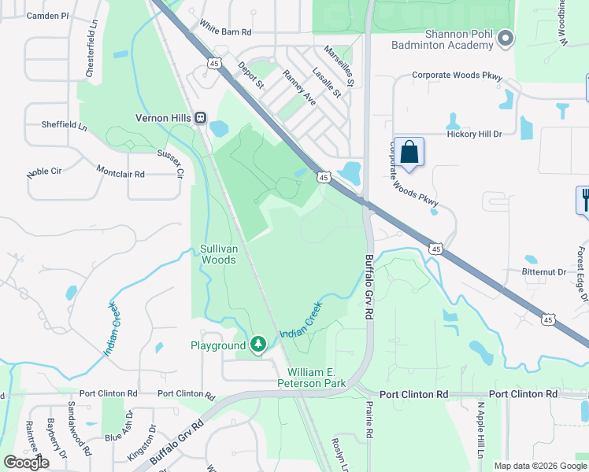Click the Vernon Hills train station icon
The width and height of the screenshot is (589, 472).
point(201,118)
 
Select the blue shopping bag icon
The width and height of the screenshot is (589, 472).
point(409,151)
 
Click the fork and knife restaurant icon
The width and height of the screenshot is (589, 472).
point(583,198)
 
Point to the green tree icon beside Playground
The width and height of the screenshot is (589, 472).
point(258,345)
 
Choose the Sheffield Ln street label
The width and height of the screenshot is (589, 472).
point(64,124)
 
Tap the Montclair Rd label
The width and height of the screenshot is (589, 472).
point(120,171)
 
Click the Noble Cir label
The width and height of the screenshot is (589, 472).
point(45,171)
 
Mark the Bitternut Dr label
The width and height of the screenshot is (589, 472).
point(544,272)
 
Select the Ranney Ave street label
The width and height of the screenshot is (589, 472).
point(299,88)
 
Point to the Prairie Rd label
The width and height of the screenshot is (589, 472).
point(369,417)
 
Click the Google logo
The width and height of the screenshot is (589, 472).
point(26,463)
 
